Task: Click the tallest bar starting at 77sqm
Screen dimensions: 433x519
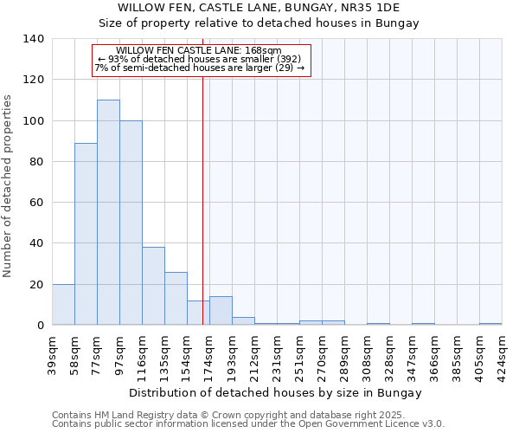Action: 108,212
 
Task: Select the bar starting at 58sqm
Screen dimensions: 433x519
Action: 86,234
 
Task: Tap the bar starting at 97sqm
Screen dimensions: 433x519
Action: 131,223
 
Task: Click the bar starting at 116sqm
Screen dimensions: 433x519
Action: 153,286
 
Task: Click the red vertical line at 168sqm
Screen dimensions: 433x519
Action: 202,199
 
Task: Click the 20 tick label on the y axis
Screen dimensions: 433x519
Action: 37,284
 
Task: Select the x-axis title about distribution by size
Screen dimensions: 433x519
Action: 276,392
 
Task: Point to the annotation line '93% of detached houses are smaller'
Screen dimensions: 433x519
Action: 200,59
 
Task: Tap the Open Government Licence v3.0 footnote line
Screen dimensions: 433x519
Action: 248,424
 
